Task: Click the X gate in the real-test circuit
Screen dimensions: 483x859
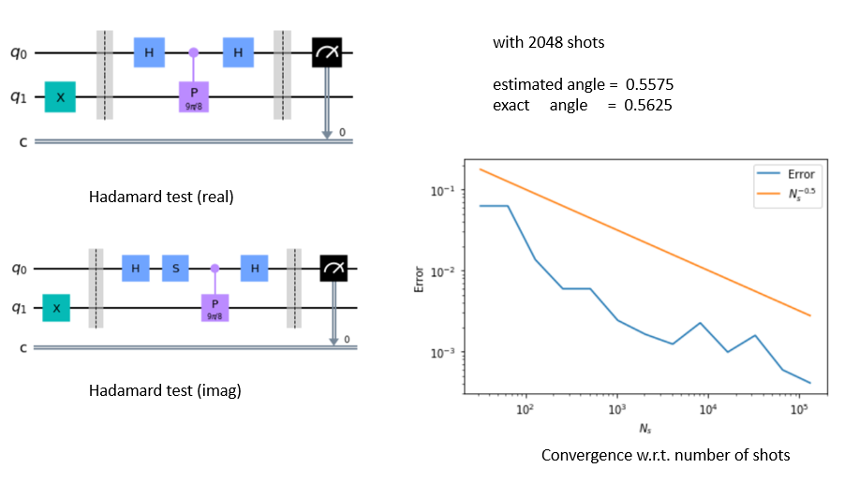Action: (60, 96)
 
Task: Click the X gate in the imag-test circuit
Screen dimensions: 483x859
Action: (57, 307)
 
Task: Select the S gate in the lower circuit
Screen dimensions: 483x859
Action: (176, 269)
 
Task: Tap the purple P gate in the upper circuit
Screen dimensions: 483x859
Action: (194, 95)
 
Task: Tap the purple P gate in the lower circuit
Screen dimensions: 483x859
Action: (215, 307)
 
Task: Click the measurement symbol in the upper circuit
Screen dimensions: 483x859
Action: (327, 53)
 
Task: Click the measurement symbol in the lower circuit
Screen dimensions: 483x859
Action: (333, 269)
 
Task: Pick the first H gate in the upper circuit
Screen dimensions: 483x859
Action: (149, 53)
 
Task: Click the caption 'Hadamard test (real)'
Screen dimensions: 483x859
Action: (160, 198)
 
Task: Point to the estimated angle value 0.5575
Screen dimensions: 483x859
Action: (649, 85)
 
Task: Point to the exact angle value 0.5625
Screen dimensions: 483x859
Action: (649, 105)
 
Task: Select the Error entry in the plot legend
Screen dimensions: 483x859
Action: (800, 173)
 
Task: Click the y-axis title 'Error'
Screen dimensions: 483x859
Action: (420, 280)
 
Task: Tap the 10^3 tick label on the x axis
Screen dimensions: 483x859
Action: (616, 412)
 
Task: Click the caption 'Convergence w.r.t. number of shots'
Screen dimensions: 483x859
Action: (666, 455)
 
